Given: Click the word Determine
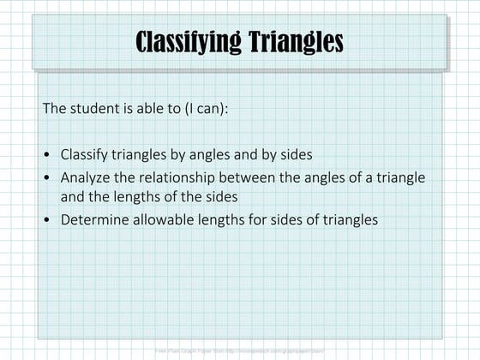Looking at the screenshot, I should click(93, 219).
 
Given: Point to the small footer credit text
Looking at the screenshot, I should click(240, 351).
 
